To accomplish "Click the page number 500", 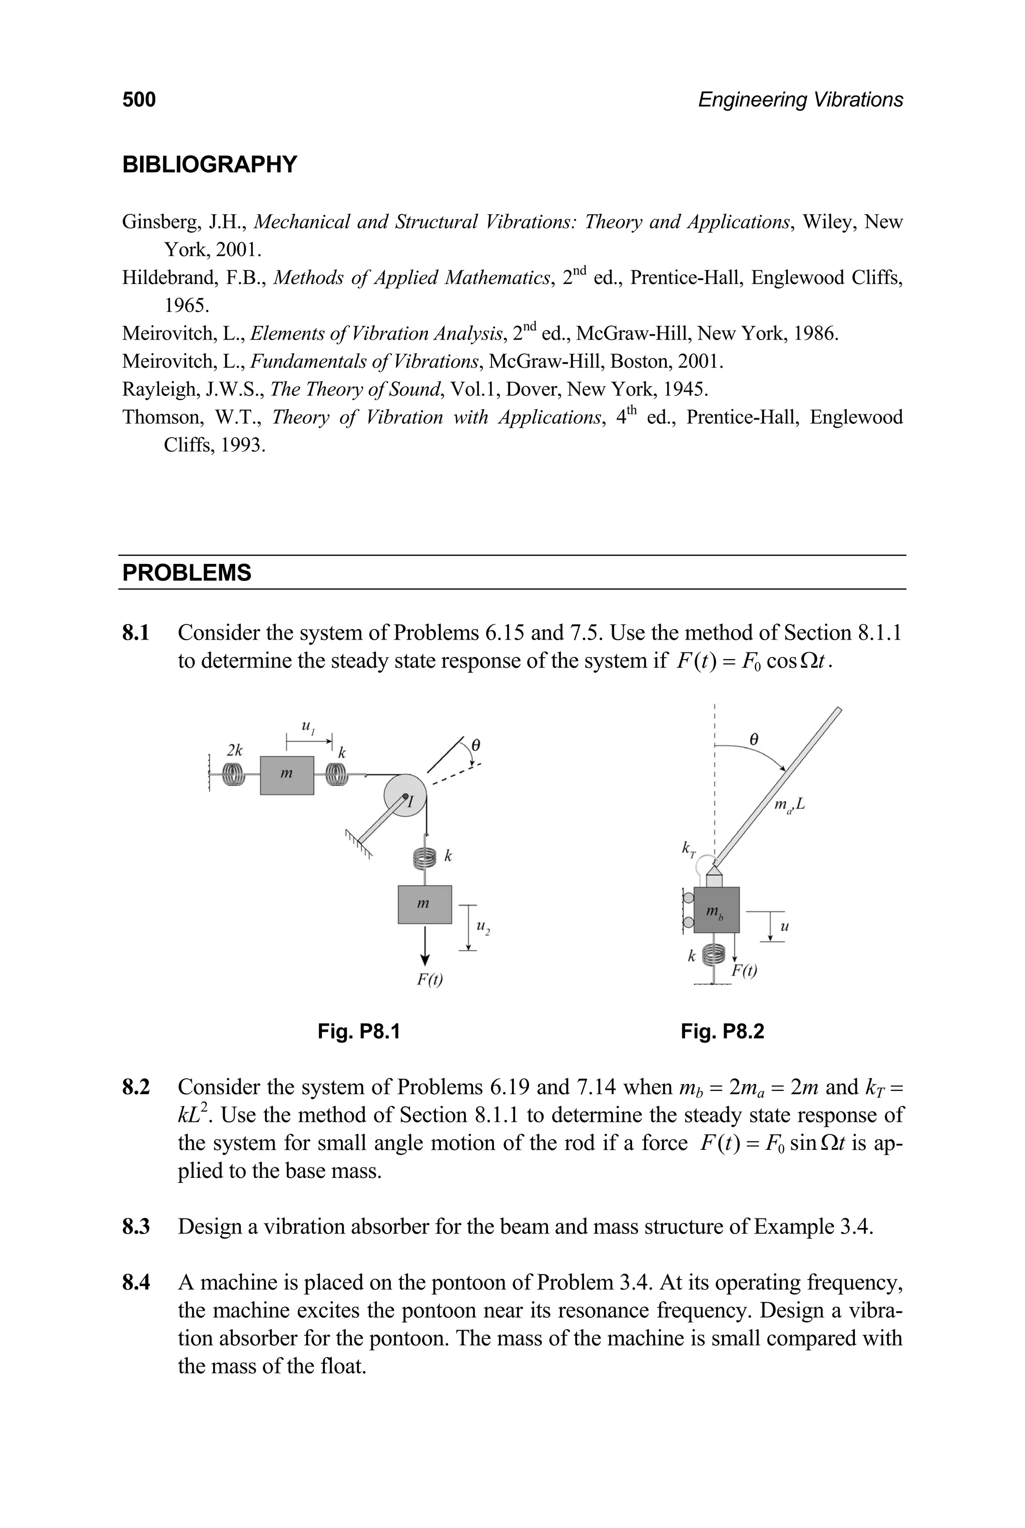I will (139, 100).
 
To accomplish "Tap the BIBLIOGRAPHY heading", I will (209, 164).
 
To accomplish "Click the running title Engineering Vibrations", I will (800, 100).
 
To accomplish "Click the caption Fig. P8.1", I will (358, 1032).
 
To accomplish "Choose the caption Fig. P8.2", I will (722, 1032).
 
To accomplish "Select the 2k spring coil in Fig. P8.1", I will (233, 775).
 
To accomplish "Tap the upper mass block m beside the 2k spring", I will (286, 775).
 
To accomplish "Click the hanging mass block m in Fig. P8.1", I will (424, 904).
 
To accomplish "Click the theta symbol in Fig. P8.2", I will (754, 740).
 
